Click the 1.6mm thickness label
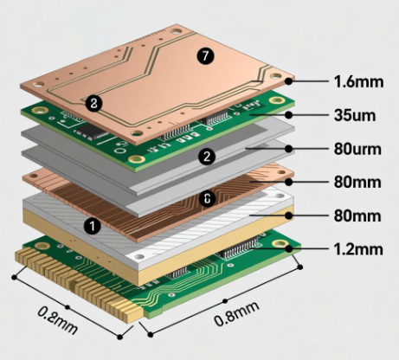tap(357, 82)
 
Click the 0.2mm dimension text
tap(55, 318)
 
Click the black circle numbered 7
tap(204, 56)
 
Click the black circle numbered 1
tap(90, 225)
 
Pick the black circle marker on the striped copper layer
tap(207, 198)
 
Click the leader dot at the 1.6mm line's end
tap(291, 82)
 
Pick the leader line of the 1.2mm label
tap(312, 249)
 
